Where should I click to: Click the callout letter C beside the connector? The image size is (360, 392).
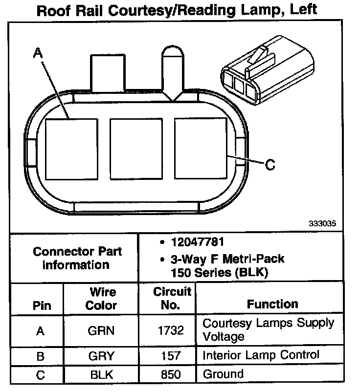tap(270, 165)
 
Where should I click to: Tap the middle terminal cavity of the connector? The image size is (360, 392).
tap(136, 147)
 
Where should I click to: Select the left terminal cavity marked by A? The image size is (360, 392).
tap(71, 147)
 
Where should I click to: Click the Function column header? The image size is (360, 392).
tap(272, 304)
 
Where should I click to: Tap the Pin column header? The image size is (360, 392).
tap(42, 306)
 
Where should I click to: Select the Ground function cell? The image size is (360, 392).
tap(223, 374)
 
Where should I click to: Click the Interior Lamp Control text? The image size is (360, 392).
tap(261, 355)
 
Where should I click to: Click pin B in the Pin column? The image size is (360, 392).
tap(41, 355)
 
